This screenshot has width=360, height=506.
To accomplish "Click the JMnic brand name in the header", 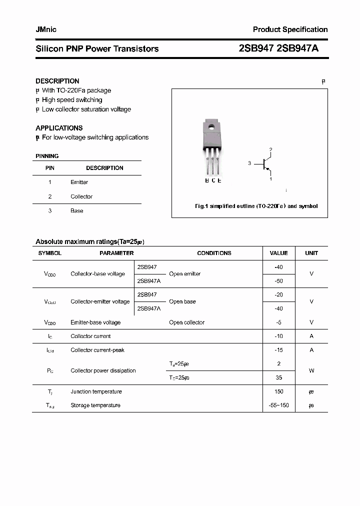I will (x=46, y=29).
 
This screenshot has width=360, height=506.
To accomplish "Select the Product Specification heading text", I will (x=290, y=29).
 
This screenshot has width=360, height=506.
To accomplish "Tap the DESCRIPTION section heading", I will (x=57, y=81).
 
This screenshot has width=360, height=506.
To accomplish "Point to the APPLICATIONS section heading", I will (x=59, y=128).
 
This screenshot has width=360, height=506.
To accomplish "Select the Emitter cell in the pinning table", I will (x=79, y=182).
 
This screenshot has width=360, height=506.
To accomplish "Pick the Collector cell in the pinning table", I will (x=81, y=196).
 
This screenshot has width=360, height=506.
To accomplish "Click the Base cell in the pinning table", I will (x=77, y=211).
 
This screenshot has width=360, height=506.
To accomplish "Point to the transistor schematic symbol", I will (x=265, y=163).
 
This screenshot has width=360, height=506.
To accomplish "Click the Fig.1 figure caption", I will (x=256, y=206).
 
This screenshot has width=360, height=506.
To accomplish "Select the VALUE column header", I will (x=278, y=253).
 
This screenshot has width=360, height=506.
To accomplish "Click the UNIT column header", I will (x=311, y=253).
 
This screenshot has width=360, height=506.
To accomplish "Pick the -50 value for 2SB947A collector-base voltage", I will (x=278, y=281).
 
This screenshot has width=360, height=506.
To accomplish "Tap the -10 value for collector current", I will (x=278, y=336).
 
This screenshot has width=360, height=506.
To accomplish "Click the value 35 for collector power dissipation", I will (x=278, y=378).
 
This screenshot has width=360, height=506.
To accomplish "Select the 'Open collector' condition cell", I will (x=186, y=322).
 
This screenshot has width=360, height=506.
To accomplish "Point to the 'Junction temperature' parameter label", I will (x=96, y=391).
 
